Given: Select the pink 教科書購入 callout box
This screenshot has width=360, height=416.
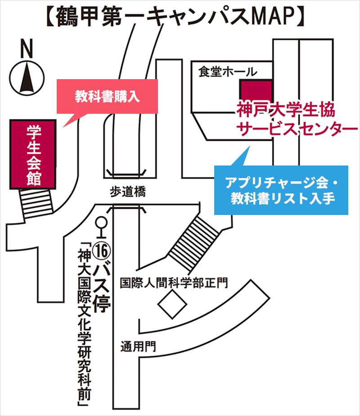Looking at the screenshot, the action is point(107,96).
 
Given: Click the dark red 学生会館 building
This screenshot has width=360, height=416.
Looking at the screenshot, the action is point(34,153).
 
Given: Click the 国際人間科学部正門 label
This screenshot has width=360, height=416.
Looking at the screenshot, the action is point(174,282).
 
